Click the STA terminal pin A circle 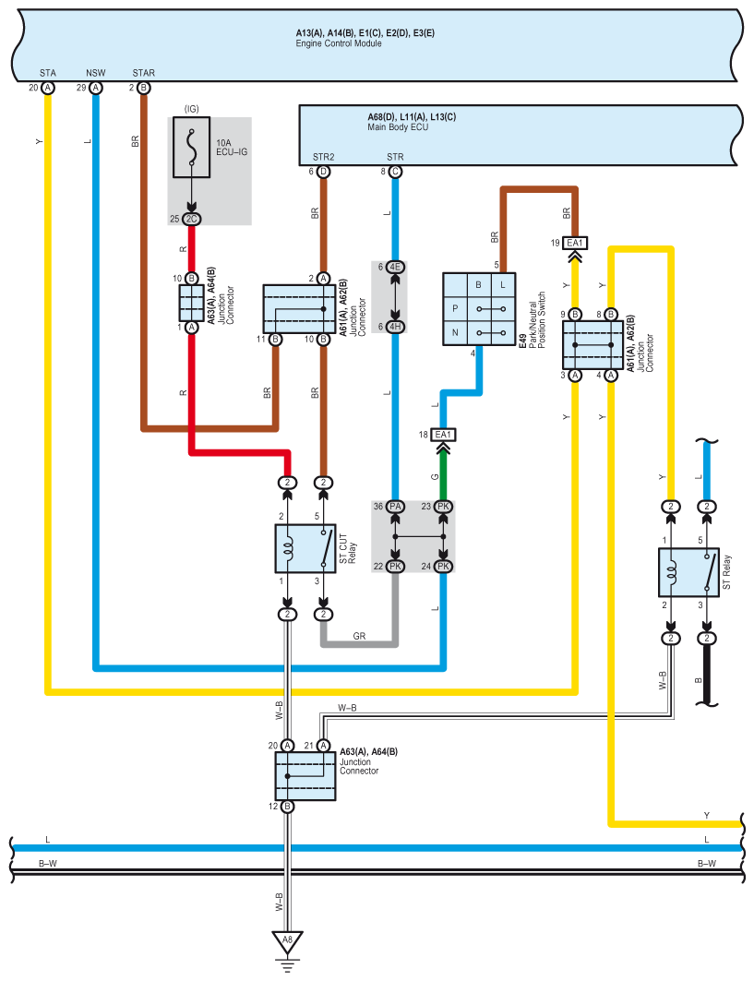pos(48,88)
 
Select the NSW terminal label pos(96,73)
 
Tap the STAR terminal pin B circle pos(143,88)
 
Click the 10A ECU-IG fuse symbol pos(191,147)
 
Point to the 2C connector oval pos(191,219)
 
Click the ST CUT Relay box pos(305,549)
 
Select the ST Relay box pos(688,572)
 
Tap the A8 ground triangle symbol pos(287,942)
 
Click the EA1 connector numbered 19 pos(575,243)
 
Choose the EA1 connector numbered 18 pos(443,435)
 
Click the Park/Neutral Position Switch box pos(479,309)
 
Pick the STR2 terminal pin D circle pos(324,172)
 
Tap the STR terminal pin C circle pos(395,172)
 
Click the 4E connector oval pos(395,267)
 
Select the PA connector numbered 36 pos(395,506)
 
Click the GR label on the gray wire pos(359,636)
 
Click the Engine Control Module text pos(339,43)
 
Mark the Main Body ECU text pos(398,127)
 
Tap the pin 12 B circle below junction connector pos(287,807)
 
